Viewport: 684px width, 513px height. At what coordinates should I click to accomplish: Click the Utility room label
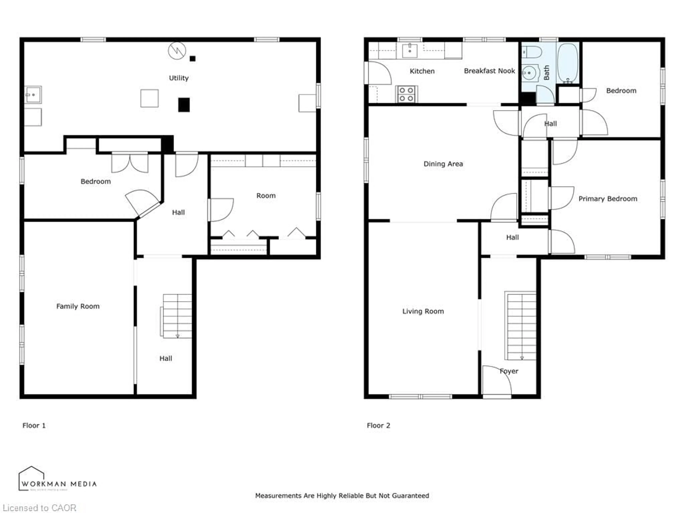click(178, 78)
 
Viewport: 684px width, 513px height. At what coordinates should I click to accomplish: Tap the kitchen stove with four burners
click(406, 94)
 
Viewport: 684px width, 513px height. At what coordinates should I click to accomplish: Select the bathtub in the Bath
click(568, 63)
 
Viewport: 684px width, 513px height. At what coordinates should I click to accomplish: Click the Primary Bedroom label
click(608, 199)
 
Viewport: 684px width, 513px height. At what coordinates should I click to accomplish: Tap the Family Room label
click(78, 306)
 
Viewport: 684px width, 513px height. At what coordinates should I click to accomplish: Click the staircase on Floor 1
click(177, 316)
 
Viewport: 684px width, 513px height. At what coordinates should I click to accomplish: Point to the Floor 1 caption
click(34, 426)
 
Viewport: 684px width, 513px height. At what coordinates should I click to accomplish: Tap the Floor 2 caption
click(379, 426)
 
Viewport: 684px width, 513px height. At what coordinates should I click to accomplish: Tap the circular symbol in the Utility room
click(177, 51)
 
